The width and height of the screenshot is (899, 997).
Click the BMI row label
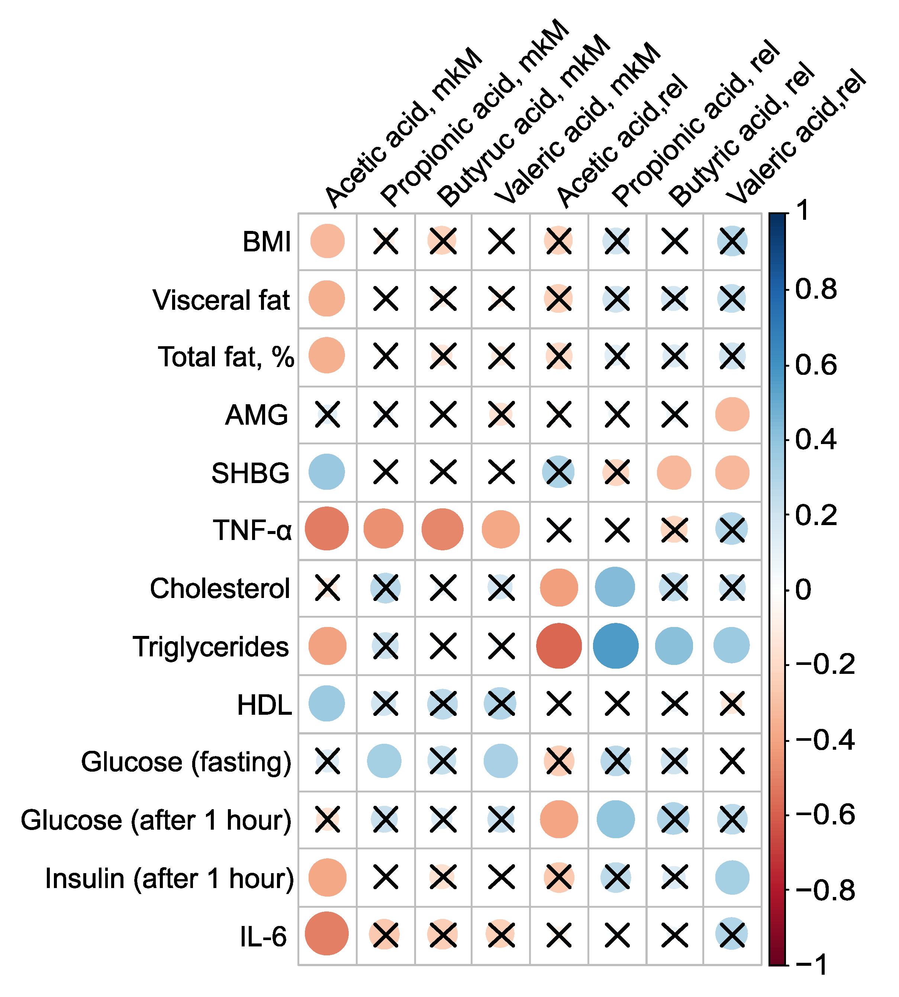point(266,242)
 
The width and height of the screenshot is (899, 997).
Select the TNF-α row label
point(252,530)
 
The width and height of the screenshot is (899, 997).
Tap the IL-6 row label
point(263,936)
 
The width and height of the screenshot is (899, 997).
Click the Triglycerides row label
point(210,647)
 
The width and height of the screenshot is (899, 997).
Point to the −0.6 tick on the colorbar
point(825,814)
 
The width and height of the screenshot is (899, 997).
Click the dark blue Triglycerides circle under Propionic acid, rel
point(615,646)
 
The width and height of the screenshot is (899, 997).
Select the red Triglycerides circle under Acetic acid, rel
point(559,646)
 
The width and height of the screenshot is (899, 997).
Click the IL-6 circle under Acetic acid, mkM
point(326,934)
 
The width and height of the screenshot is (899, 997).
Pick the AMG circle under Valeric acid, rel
point(732,414)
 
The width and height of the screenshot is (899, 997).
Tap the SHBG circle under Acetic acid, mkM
point(326,472)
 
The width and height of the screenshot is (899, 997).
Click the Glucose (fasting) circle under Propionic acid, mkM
point(384,761)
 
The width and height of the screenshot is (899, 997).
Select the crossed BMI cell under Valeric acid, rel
point(732,242)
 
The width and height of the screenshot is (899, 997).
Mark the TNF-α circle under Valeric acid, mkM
point(501,530)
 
